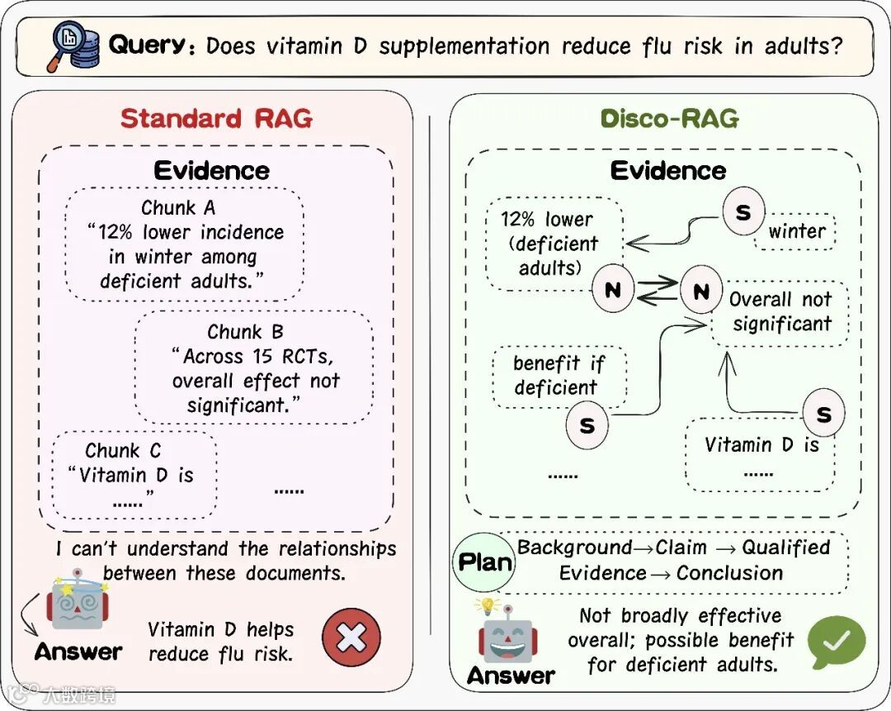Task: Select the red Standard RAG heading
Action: (216, 118)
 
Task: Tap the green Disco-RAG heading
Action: (669, 118)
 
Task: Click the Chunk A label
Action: (179, 207)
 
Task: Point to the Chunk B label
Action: (245, 332)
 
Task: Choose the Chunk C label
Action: (123, 451)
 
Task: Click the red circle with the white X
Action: (351, 638)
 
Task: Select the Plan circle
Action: (485, 562)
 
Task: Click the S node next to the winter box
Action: (743, 212)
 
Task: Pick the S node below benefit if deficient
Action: (587, 426)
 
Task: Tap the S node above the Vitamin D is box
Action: (823, 415)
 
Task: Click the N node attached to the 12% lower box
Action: (612, 290)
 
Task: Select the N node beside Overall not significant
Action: (701, 292)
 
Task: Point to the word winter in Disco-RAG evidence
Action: (796, 231)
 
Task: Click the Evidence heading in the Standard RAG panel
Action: (212, 171)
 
